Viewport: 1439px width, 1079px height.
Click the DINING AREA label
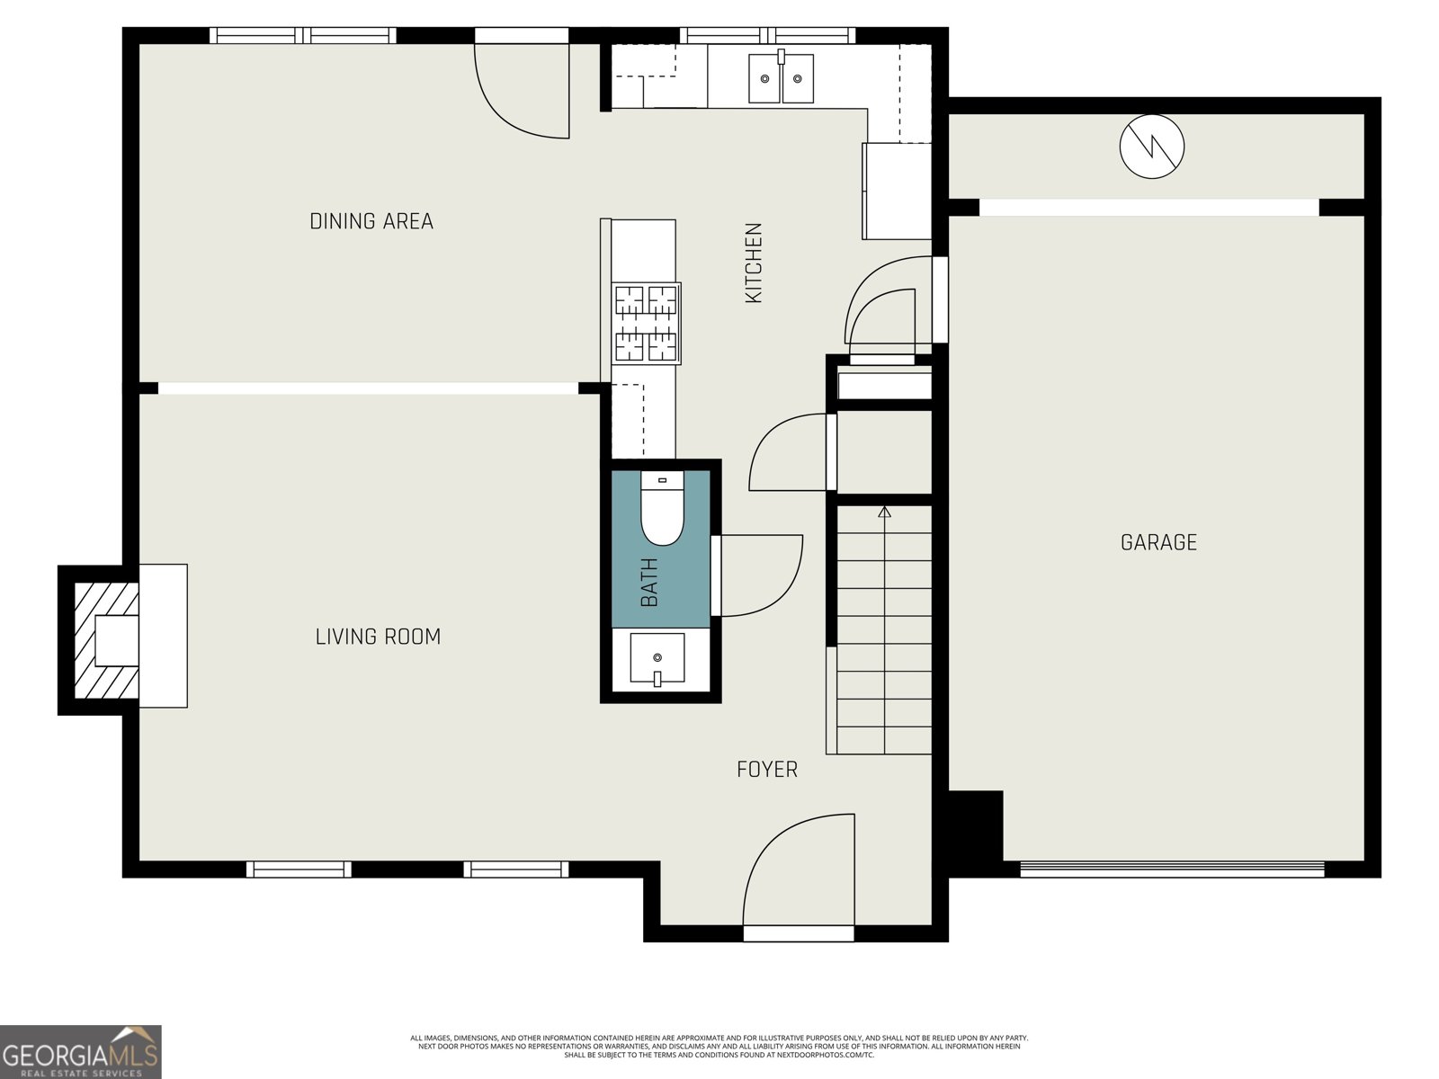[371, 221]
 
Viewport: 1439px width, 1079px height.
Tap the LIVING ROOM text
[378, 637]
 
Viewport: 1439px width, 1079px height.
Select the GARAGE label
[1158, 542]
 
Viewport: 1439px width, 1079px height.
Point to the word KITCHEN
[754, 263]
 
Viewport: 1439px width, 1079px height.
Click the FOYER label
[766, 770]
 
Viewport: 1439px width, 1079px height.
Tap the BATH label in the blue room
[649, 582]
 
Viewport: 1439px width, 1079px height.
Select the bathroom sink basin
[657, 659]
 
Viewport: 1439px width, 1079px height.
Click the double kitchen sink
[781, 78]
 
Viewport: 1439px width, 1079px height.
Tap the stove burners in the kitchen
[646, 323]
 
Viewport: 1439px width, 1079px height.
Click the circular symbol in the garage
[1151, 146]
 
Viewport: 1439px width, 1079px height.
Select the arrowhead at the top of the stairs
[884, 513]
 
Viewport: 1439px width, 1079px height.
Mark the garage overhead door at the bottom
[1172, 869]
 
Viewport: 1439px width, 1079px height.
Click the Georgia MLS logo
[81, 1051]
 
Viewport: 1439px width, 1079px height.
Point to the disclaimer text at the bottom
[719, 1046]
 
